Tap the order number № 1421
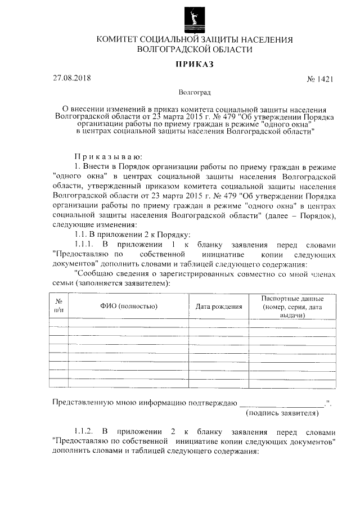click(x=321, y=79)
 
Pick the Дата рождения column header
click(x=219, y=307)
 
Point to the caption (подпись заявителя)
click(x=283, y=413)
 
